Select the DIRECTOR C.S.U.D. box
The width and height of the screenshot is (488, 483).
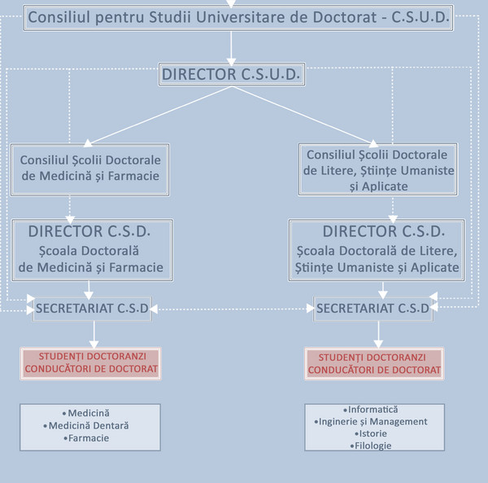click(232, 75)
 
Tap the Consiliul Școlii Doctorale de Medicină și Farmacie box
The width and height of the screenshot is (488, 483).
click(90, 168)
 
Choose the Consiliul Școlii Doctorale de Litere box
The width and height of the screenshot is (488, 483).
click(378, 169)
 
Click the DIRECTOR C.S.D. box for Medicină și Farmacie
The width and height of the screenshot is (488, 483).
click(90, 248)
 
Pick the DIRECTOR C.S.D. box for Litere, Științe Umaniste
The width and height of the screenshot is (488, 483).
click(377, 248)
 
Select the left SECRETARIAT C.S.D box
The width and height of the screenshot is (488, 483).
click(92, 308)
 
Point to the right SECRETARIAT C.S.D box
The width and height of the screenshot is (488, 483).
click(373, 308)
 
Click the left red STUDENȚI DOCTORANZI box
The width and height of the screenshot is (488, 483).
click(90, 362)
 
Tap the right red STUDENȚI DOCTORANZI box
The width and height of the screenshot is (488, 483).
click(374, 363)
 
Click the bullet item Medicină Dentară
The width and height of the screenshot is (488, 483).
click(89, 425)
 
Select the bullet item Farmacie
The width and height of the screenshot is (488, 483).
click(89, 437)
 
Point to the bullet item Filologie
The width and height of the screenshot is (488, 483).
click(373, 446)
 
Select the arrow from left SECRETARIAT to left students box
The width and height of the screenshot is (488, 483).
click(94, 333)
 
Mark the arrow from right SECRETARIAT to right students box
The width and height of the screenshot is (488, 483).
click(377, 333)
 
